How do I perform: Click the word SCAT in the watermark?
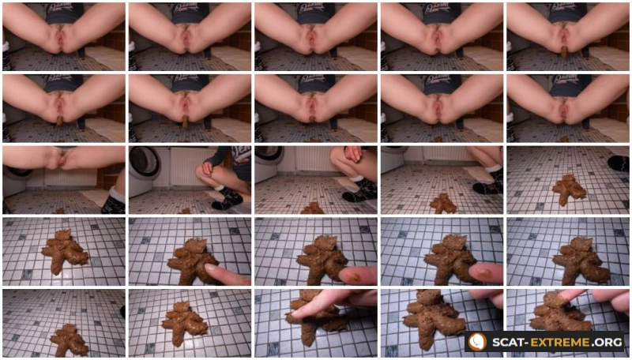pyautogui.click(x=507, y=342)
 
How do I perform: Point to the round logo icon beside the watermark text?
pyautogui.click(x=479, y=342)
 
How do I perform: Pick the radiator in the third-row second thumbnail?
pyautogui.click(x=186, y=165)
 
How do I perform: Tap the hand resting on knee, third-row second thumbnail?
pyautogui.click(x=208, y=169)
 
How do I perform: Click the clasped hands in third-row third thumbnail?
pyautogui.click(x=352, y=153)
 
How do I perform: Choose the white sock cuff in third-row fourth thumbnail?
pyautogui.click(x=492, y=169)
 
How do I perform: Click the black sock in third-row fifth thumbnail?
pyautogui.click(x=618, y=163)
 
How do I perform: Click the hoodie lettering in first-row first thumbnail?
pyautogui.click(x=64, y=9)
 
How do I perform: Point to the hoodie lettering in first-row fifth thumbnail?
pyautogui.click(x=569, y=9)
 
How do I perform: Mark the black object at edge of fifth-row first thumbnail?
pyautogui.click(x=122, y=311)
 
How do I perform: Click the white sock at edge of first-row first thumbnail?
pyautogui.click(x=5, y=46)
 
